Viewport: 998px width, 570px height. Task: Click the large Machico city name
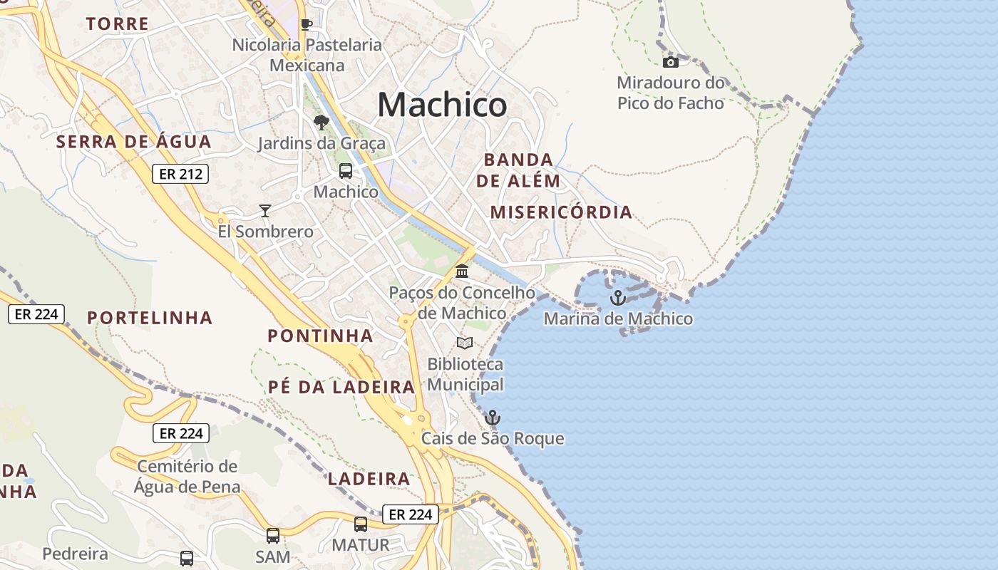click(442, 105)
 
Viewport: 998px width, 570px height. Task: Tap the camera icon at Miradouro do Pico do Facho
click(671, 62)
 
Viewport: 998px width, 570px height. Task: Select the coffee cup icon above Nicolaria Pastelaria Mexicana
click(307, 25)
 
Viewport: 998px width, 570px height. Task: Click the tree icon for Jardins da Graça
click(321, 123)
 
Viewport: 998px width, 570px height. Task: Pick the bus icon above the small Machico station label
click(346, 171)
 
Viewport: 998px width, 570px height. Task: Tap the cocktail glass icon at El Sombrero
click(265, 210)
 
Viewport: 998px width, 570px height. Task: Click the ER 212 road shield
click(180, 174)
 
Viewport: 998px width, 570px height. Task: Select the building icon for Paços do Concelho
click(462, 271)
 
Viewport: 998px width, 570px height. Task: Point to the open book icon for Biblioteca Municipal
click(465, 343)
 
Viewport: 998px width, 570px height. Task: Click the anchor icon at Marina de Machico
click(618, 298)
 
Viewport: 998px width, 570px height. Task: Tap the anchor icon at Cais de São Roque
click(493, 418)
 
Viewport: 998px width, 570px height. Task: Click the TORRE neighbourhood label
click(118, 24)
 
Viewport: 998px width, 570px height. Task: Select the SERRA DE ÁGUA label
click(134, 142)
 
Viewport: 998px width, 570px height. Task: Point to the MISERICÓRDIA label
click(561, 212)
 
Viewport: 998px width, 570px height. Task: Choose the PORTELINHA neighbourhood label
click(150, 318)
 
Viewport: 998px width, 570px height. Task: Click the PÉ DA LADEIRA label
click(341, 388)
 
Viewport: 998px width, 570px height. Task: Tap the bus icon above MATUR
click(361, 524)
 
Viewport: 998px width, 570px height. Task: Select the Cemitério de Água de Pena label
click(187, 477)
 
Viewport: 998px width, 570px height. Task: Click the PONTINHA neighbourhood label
click(320, 336)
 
